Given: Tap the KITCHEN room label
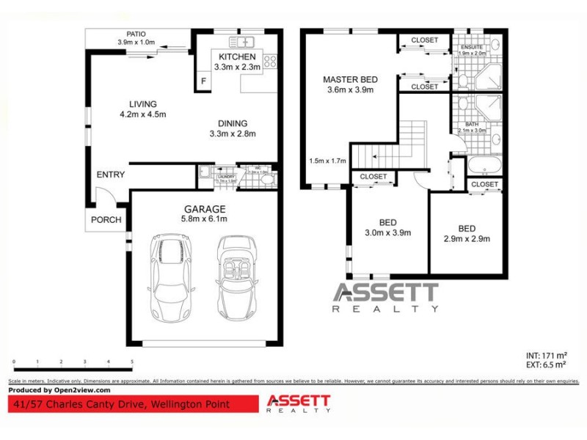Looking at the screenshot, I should (x=237, y=56).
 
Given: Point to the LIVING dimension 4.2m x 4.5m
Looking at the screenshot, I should (x=143, y=114).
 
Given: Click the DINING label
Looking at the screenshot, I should (x=232, y=123).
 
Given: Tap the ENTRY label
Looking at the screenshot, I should (x=111, y=175).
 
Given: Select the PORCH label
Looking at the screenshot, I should (x=106, y=220).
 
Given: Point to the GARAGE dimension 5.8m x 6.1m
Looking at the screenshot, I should (x=204, y=219).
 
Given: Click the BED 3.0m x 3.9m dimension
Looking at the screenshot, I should (x=388, y=232).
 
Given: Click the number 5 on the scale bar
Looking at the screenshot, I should (x=131, y=362).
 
